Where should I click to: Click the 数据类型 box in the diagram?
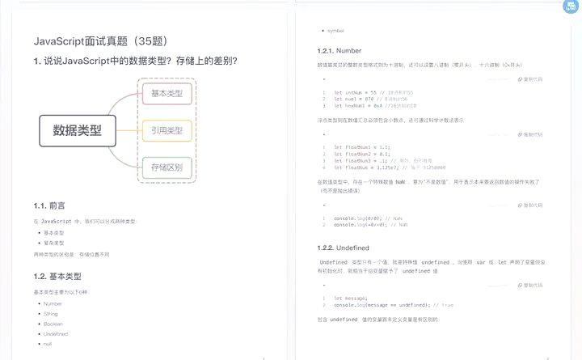[x=78, y=129]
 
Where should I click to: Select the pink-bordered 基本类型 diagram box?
[x=167, y=94]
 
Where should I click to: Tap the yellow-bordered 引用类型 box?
[x=167, y=130]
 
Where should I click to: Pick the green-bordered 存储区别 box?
[x=167, y=168]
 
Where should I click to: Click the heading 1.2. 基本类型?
[x=57, y=277]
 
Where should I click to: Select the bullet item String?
[x=51, y=313]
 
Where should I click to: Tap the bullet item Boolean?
[x=53, y=323]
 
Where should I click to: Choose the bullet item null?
[x=48, y=344]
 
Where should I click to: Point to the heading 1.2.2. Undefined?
[x=344, y=247]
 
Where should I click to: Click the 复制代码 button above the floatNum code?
[x=529, y=134]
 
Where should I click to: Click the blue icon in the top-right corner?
[x=571, y=7]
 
